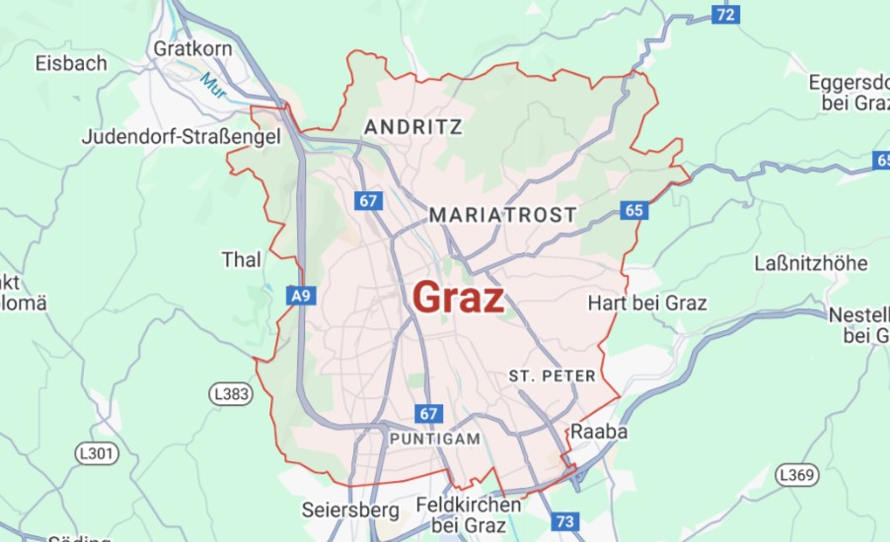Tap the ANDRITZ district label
(413, 127)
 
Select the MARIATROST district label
(503, 215)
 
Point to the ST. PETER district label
(553, 375)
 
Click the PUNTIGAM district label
(435, 439)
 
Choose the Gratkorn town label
(192, 47)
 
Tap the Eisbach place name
(71, 63)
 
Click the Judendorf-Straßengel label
(182, 137)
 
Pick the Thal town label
(242, 260)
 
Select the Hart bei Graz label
(647, 303)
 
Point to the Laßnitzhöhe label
(810, 264)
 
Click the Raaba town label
(599, 432)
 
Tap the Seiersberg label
(350, 510)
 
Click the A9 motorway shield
(301, 294)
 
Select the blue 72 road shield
(725, 14)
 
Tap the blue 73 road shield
(565, 521)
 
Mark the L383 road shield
(232, 394)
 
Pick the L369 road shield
(796, 475)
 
